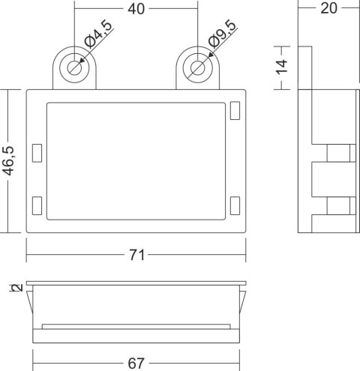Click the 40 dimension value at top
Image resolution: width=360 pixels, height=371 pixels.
click(136, 9)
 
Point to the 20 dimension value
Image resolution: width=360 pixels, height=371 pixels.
click(328, 8)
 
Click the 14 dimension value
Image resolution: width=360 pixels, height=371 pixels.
click(281, 67)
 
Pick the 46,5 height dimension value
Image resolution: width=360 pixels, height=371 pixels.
click(8, 160)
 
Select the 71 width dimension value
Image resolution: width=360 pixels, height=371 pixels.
click(136, 256)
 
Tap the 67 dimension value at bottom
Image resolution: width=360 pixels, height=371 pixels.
click(136, 364)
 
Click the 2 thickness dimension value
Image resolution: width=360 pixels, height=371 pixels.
click(17, 288)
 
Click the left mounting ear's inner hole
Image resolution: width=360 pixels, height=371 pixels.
click(74, 67)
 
